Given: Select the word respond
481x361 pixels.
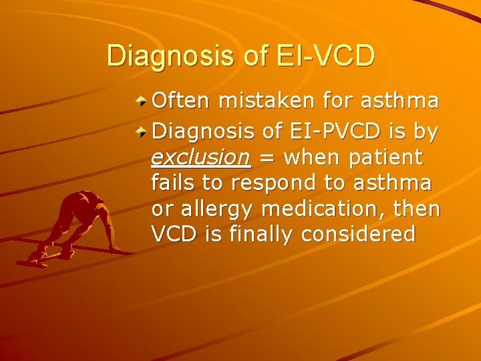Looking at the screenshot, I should (270, 183).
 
